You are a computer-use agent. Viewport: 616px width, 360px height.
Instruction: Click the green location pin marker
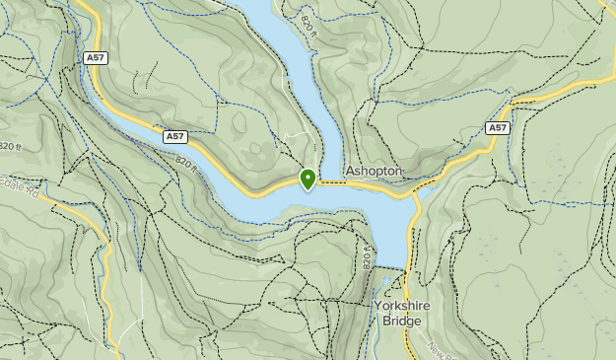click(308, 179)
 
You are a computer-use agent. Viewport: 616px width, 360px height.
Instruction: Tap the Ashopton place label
click(374, 172)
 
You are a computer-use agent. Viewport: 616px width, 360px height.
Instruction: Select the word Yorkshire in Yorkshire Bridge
click(403, 306)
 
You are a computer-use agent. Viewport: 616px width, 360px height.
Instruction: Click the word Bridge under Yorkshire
click(403, 321)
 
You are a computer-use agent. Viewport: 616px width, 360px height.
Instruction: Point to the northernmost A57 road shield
click(97, 58)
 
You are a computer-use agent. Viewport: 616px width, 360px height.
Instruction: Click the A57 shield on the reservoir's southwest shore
click(174, 137)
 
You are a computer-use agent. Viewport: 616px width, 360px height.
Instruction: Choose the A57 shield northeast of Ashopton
click(498, 128)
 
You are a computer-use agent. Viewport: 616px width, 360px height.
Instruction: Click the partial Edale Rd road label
click(18, 187)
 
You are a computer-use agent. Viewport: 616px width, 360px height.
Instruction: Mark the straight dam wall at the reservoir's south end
click(390, 269)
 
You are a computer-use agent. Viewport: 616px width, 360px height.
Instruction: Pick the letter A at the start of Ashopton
click(350, 172)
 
